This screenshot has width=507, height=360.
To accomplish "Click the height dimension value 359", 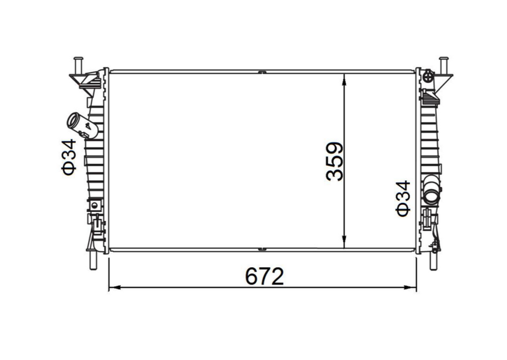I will click(x=335, y=162).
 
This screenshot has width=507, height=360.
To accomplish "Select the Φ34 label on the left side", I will click(x=70, y=157).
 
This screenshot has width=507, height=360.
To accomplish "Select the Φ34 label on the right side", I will click(x=403, y=198).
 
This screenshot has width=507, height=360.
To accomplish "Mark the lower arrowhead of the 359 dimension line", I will click(x=345, y=243).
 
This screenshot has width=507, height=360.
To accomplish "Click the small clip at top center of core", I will click(x=262, y=71).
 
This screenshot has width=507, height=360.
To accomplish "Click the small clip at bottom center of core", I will click(x=262, y=249).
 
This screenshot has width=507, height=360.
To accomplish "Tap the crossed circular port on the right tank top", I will click(x=427, y=77).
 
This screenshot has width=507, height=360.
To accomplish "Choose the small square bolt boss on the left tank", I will click(x=95, y=205).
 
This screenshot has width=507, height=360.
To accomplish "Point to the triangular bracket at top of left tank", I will click(x=86, y=80).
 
